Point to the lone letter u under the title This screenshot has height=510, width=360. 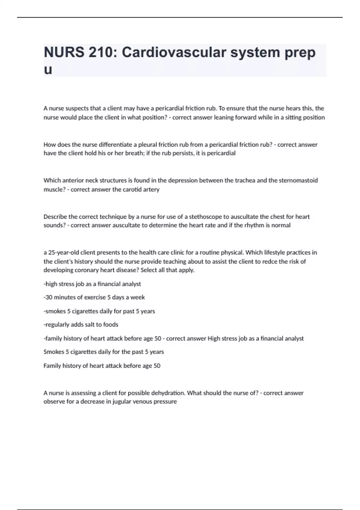[x=48, y=70]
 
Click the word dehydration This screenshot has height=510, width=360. [x=168, y=393]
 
